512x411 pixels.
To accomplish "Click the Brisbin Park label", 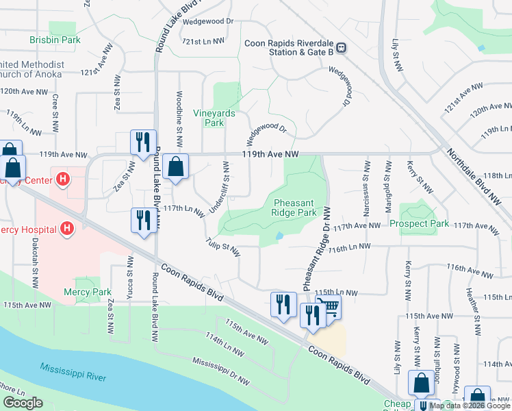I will click(55, 40).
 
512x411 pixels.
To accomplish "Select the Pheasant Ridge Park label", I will click(295, 208).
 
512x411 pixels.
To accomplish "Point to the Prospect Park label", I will click(419, 224).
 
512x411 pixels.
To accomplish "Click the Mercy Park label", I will click(88, 292).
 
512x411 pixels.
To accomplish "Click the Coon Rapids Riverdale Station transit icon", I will click(340, 47).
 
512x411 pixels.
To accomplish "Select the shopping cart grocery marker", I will click(329, 307).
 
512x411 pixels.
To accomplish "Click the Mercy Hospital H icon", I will click(67, 227).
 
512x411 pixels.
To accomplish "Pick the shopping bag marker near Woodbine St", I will click(176, 166).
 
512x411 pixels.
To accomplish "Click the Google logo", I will click(23, 403).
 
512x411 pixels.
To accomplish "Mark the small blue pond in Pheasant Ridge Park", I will click(279, 236).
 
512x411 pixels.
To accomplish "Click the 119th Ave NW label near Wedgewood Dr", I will click(271, 155).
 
